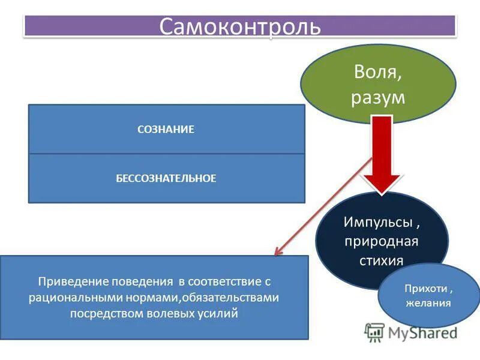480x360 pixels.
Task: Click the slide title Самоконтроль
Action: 239,27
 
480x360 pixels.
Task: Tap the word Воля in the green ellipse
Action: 377,74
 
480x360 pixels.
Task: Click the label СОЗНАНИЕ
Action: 166,130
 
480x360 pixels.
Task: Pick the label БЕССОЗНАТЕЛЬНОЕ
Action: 166,178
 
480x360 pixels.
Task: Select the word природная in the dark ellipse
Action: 382,241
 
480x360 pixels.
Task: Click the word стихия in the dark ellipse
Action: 382,260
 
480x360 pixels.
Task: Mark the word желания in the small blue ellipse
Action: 428,303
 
